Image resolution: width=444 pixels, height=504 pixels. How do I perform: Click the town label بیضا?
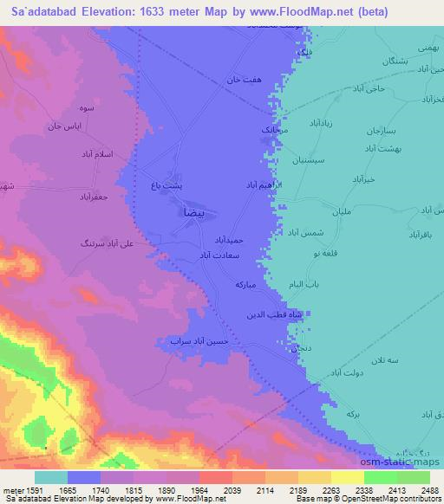[192, 211]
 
